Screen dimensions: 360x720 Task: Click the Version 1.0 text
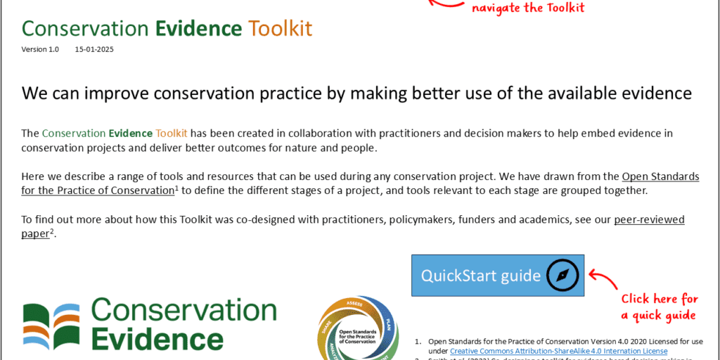40,50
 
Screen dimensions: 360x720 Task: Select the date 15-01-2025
94,50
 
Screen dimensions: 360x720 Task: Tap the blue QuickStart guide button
481,275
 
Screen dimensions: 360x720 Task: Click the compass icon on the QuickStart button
565,275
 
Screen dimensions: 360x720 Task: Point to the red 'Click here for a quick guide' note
659,307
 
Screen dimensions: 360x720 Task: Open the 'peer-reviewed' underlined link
649,220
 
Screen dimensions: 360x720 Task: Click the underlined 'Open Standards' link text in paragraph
660,176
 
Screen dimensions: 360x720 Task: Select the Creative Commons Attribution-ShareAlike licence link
558,351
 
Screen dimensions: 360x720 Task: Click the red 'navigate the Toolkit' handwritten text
528,8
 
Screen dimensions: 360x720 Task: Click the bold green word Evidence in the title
199,28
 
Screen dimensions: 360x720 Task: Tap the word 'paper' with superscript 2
36,234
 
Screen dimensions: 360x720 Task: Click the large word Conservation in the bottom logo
184,311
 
